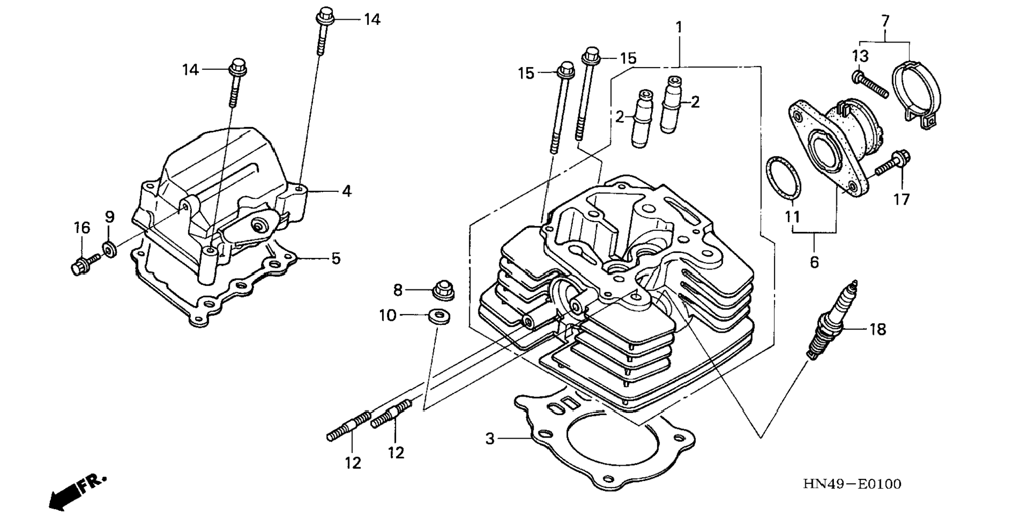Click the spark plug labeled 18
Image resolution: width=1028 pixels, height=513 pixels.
click(x=832, y=319)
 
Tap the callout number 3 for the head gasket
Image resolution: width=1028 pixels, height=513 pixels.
click(x=490, y=439)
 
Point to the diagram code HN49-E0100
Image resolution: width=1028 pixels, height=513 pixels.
click(x=852, y=484)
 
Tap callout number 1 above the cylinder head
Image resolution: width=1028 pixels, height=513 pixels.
click(x=679, y=27)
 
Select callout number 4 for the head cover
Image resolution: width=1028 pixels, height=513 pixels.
click(x=347, y=191)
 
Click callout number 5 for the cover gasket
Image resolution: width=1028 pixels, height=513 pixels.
click(x=336, y=258)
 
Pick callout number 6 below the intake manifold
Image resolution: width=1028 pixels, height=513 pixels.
click(x=814, y=262)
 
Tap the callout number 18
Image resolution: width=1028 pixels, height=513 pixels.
click(x=878, y=330)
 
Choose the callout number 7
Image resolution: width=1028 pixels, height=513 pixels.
click(x=885, y=21)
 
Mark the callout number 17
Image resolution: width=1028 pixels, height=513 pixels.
click(x=901, y=199)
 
